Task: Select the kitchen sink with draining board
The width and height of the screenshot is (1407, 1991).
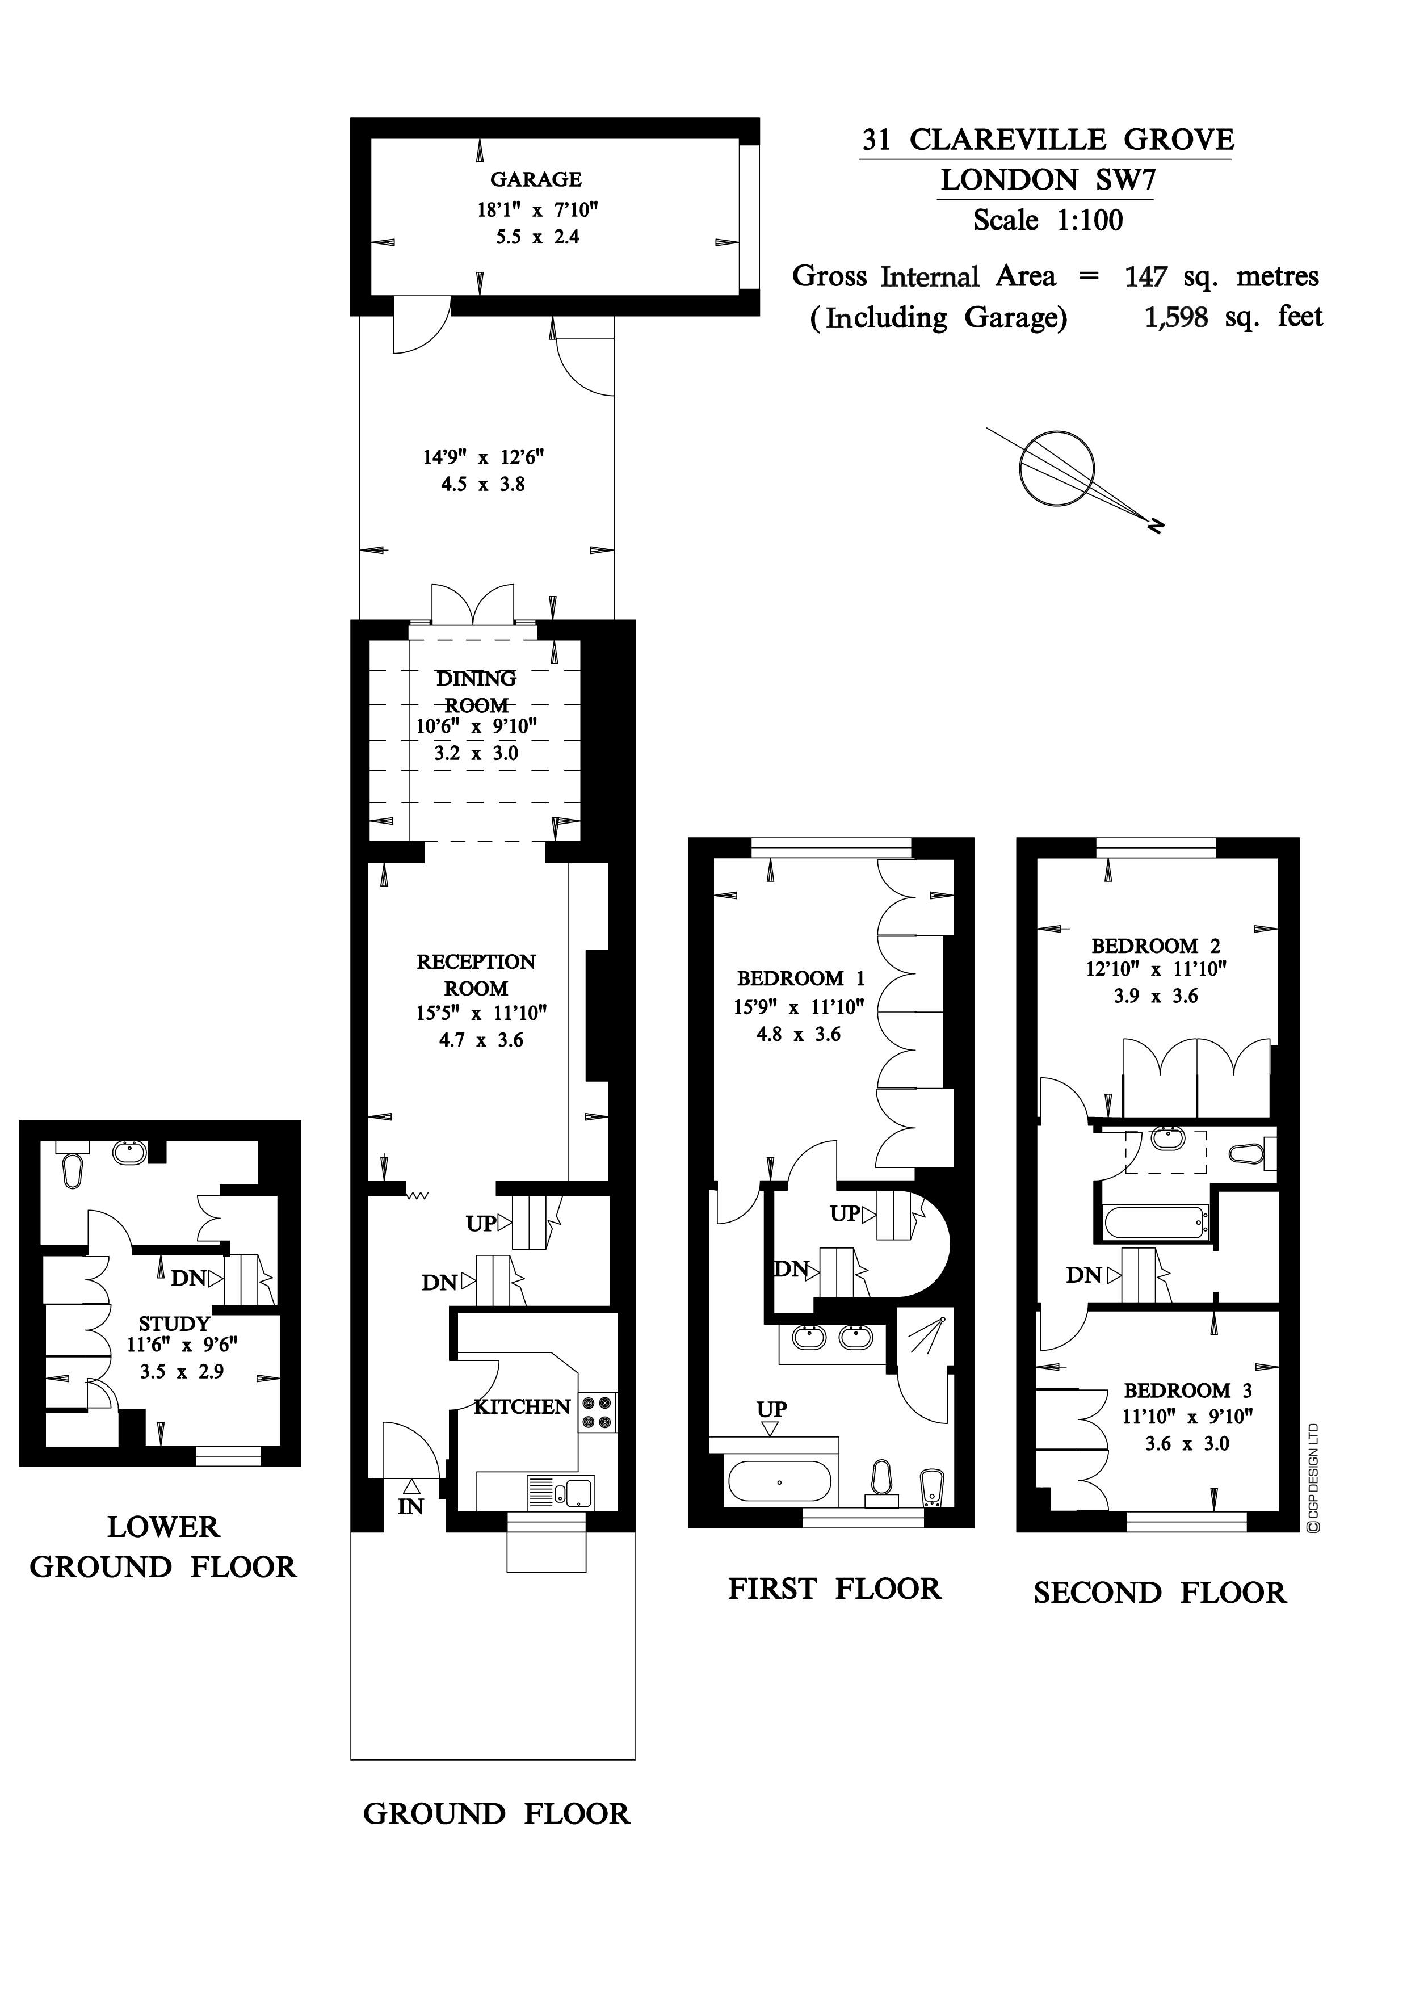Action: [559, 1492]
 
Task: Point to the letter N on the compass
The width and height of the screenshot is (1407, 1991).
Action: [1156, 526]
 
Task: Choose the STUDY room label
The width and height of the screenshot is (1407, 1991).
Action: [174, 1324]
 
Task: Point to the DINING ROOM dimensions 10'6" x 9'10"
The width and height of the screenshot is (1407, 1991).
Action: [476, 726]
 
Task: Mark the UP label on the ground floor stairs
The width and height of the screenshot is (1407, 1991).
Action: [481, 1224]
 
